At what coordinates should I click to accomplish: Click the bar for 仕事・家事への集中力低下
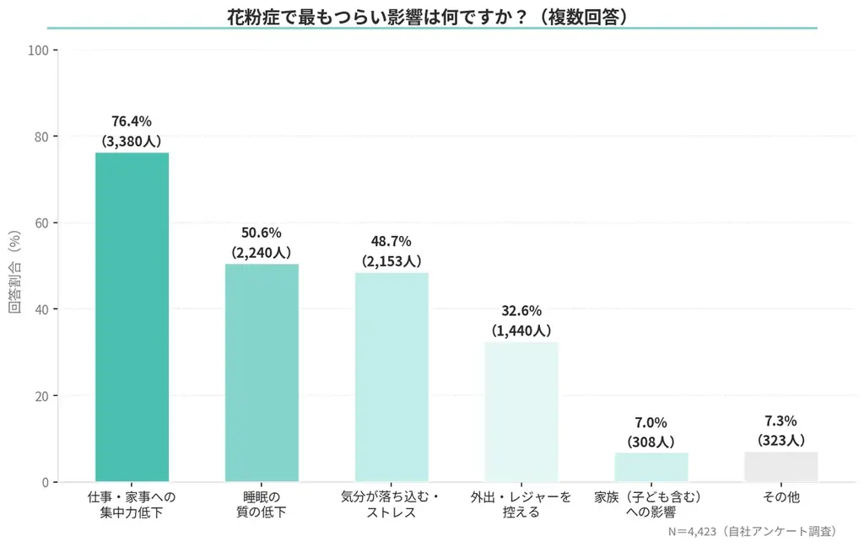[132, 317]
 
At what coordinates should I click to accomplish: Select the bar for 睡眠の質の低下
[262, 373]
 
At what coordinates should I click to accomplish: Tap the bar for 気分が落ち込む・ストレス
[391, 377]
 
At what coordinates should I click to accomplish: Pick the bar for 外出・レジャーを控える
[521, 411]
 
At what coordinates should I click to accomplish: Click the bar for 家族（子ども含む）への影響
[651, 467]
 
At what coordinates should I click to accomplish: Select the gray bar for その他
[780, 466]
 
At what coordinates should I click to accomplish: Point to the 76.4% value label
[132, 121]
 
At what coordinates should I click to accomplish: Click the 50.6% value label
[262, 233]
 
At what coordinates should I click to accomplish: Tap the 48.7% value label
[391, 241]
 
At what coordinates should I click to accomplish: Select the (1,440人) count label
[521, 330]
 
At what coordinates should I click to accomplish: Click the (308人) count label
[651, 441]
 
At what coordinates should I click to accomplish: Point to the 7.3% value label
[780, 420]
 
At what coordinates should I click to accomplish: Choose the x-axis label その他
[780, 498]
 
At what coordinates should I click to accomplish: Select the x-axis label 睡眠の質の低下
[262, 504]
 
